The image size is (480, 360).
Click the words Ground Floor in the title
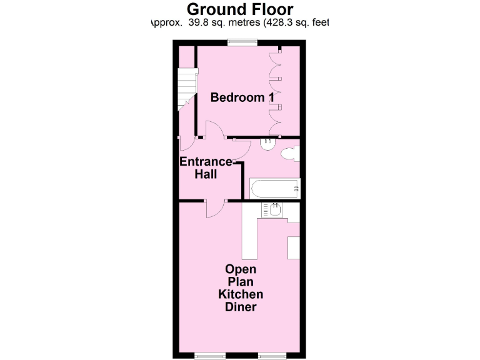(240, 9)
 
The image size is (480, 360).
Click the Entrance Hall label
(206, 167)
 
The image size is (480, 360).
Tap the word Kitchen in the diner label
(241, 294)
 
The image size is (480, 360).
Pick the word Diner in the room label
(241, 307)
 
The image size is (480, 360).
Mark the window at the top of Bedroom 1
(242, 42)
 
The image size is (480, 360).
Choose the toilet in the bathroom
(290, 154)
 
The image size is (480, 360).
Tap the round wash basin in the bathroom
(267, 142)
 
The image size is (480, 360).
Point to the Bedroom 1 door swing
(212, 129)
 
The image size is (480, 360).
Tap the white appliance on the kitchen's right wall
(294, 248)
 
